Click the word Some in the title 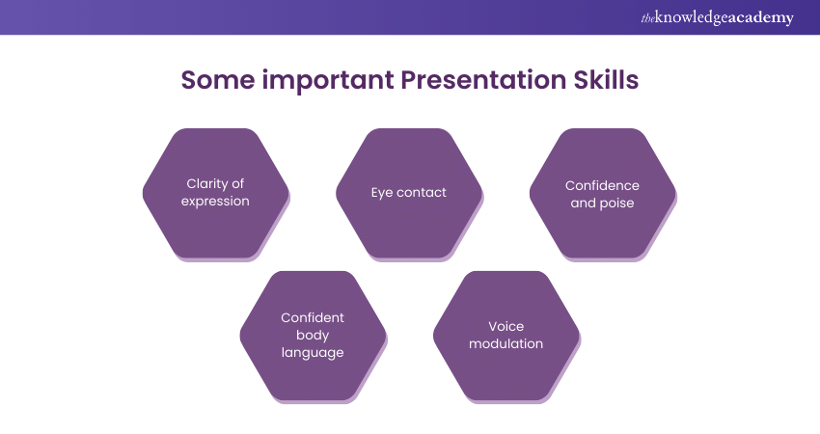tap(218, 80)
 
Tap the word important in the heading tap(328, 80)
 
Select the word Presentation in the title tap(483, 80)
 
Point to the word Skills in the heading tap(606, 79)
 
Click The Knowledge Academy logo tap(717, 17)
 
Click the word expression tap(215, 202)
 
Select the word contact tap(422, 193)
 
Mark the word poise tap(617, 203)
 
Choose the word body tap(313, 336)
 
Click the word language tap(313, 353)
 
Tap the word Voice tap(506, 326)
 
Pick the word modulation tap(506, 343)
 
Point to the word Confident tap(313, 318)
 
